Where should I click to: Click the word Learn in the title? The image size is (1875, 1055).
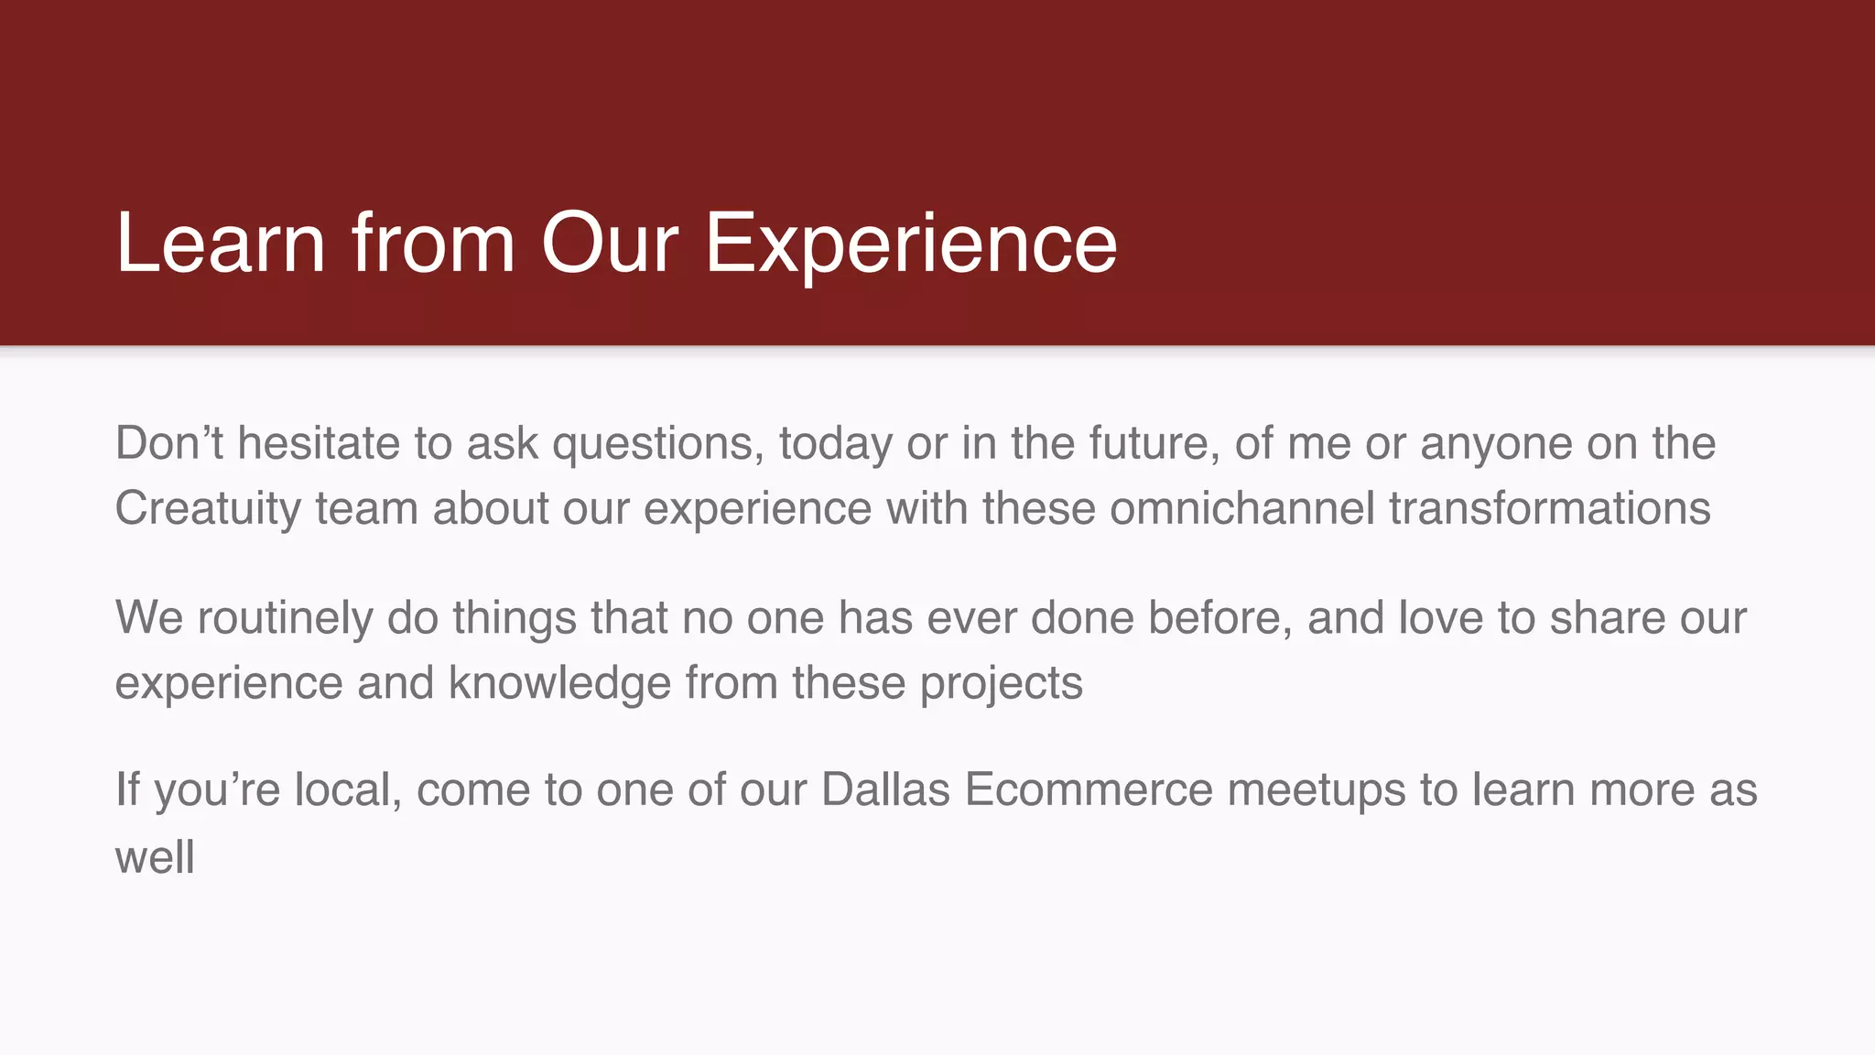(221, 243)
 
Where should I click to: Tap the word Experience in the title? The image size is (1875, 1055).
(910, 243)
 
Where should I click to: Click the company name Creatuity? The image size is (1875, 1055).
(208, 508)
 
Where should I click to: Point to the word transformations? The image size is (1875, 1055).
(1549, 508)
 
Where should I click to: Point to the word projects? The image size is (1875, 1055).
(1001, 683)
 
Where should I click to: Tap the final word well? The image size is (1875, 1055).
(155, 857)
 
